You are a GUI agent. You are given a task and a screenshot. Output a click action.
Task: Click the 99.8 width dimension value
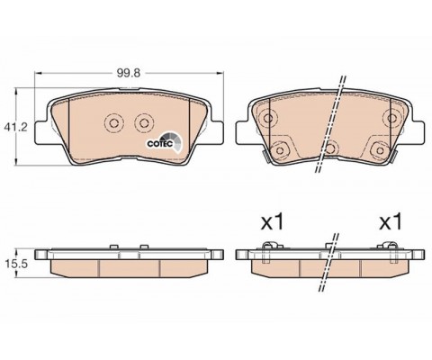[129, 73]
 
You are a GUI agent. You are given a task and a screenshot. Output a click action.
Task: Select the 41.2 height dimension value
[15, 127]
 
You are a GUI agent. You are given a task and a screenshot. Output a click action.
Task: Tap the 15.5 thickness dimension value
[16, 264]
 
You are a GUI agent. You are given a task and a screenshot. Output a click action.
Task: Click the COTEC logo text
[159, 144]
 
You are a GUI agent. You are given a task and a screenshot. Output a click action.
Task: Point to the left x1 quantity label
[272, 222]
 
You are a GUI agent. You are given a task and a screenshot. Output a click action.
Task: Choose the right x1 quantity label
[391, 222]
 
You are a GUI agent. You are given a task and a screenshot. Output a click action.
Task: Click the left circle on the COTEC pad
[114, 123]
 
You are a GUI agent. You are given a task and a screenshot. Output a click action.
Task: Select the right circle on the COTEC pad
[144, 123]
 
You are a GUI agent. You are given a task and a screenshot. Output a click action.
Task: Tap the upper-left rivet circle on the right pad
[268, 118]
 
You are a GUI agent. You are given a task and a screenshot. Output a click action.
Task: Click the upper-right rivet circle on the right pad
[391, 118]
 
